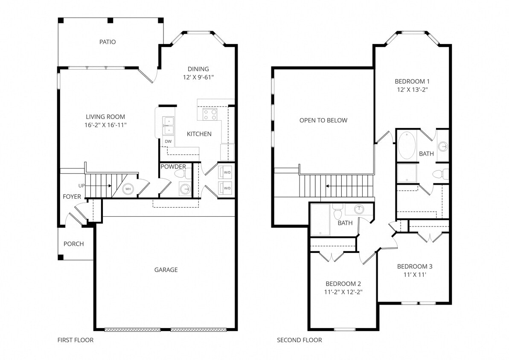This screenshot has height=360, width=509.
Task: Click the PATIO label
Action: tap(108, 42)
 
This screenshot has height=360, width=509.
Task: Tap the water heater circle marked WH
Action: tap(128, 189)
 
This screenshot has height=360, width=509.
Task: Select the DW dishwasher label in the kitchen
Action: tap(168, 141)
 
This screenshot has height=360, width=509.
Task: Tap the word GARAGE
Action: tap(166, 270)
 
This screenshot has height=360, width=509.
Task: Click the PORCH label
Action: tap(74, 244)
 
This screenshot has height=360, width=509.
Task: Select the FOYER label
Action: tap(72, 197)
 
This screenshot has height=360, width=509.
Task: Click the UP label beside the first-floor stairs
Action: tap(81, 186)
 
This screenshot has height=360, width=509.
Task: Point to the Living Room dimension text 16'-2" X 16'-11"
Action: tap(105, 125)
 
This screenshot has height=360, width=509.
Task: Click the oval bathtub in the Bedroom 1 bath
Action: tap(407, 145)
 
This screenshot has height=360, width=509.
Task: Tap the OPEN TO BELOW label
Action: tap(323, 120)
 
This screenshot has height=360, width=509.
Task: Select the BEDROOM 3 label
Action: tap(415, 267)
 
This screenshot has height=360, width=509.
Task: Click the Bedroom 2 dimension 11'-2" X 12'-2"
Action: tap(344, 292)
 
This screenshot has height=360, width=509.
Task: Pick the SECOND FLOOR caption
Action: tap(300, 340)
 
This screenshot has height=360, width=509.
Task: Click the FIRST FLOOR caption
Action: tap(76, 340)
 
